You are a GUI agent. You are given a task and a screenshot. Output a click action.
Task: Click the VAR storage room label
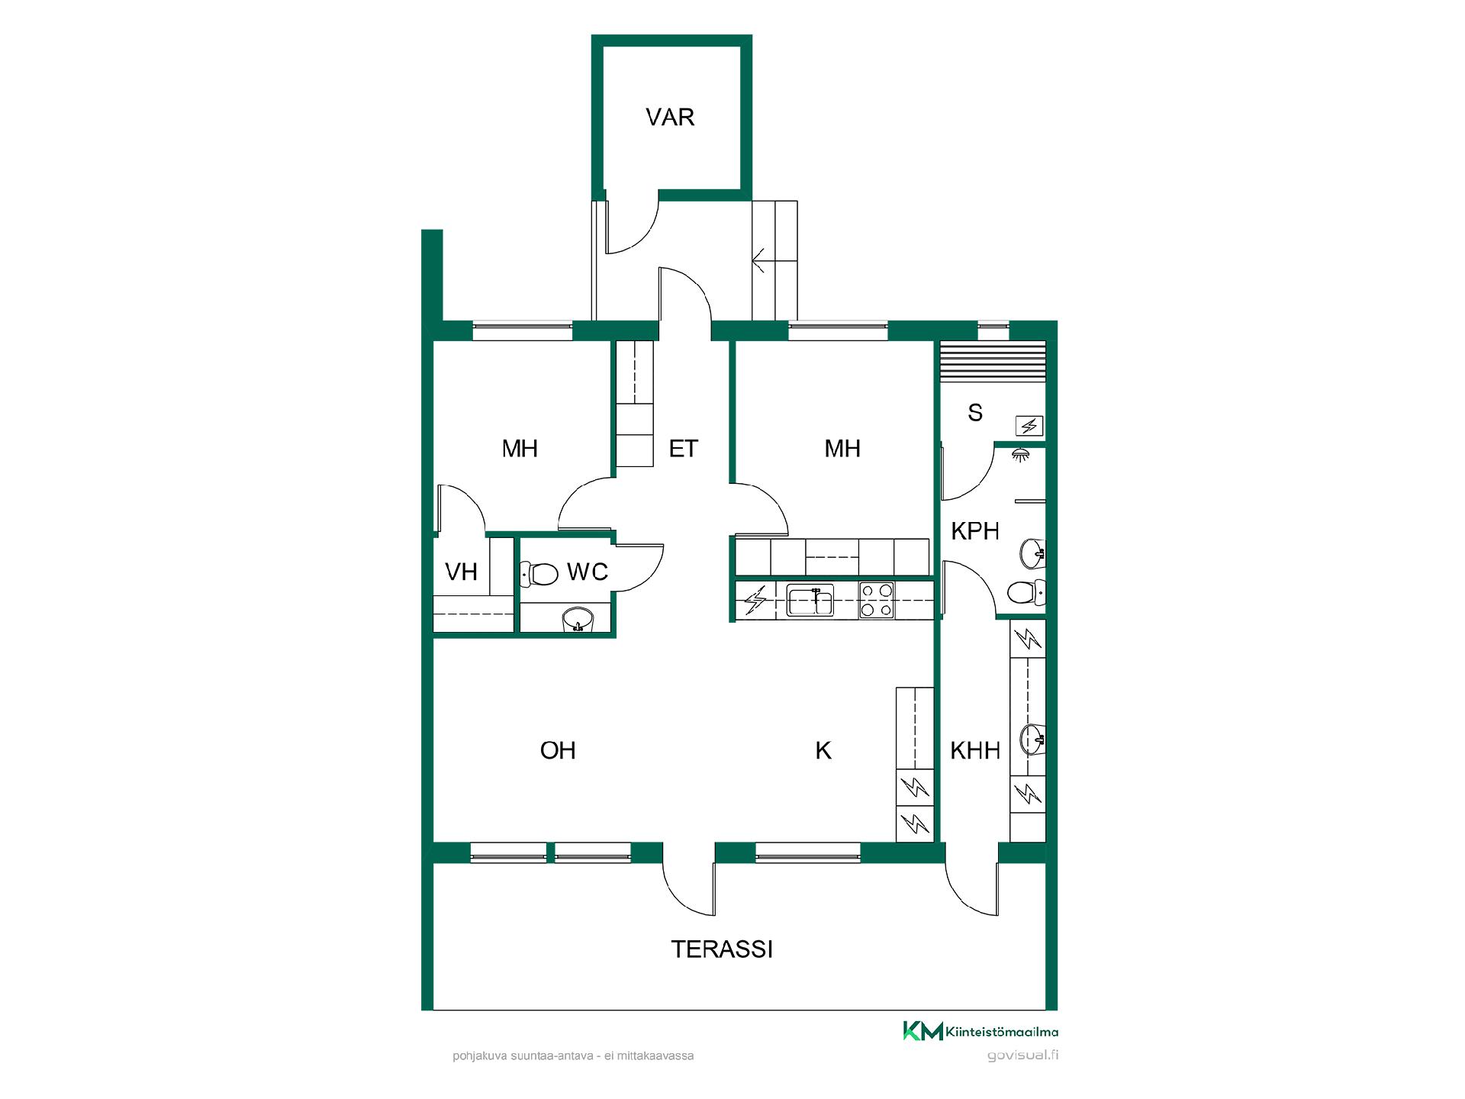click(670, 118)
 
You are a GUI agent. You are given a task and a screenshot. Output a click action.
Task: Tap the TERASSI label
click(722, 949)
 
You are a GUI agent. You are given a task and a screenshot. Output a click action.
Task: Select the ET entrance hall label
click(683, 449)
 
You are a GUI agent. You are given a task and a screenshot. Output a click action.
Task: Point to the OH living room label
click(558, 751)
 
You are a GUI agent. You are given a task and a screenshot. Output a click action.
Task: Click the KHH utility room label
click(974, 751)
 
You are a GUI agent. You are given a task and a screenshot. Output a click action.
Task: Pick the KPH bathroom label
click(975, 531)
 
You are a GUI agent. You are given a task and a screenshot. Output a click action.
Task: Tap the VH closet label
click(461, 572)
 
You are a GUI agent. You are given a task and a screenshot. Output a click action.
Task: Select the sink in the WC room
click(578, 620)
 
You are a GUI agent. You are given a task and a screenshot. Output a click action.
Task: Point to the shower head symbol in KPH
click(1018, 455)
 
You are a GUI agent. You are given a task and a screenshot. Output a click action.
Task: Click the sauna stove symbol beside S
click(1029, 426)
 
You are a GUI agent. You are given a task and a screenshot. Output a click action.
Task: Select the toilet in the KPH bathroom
click(1026, 592)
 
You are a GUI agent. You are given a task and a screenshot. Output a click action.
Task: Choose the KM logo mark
click(923, 1030)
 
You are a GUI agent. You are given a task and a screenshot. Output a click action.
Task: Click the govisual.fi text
click(1022, 1056)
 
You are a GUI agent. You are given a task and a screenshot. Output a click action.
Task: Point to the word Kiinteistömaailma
click(1002, 1033)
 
